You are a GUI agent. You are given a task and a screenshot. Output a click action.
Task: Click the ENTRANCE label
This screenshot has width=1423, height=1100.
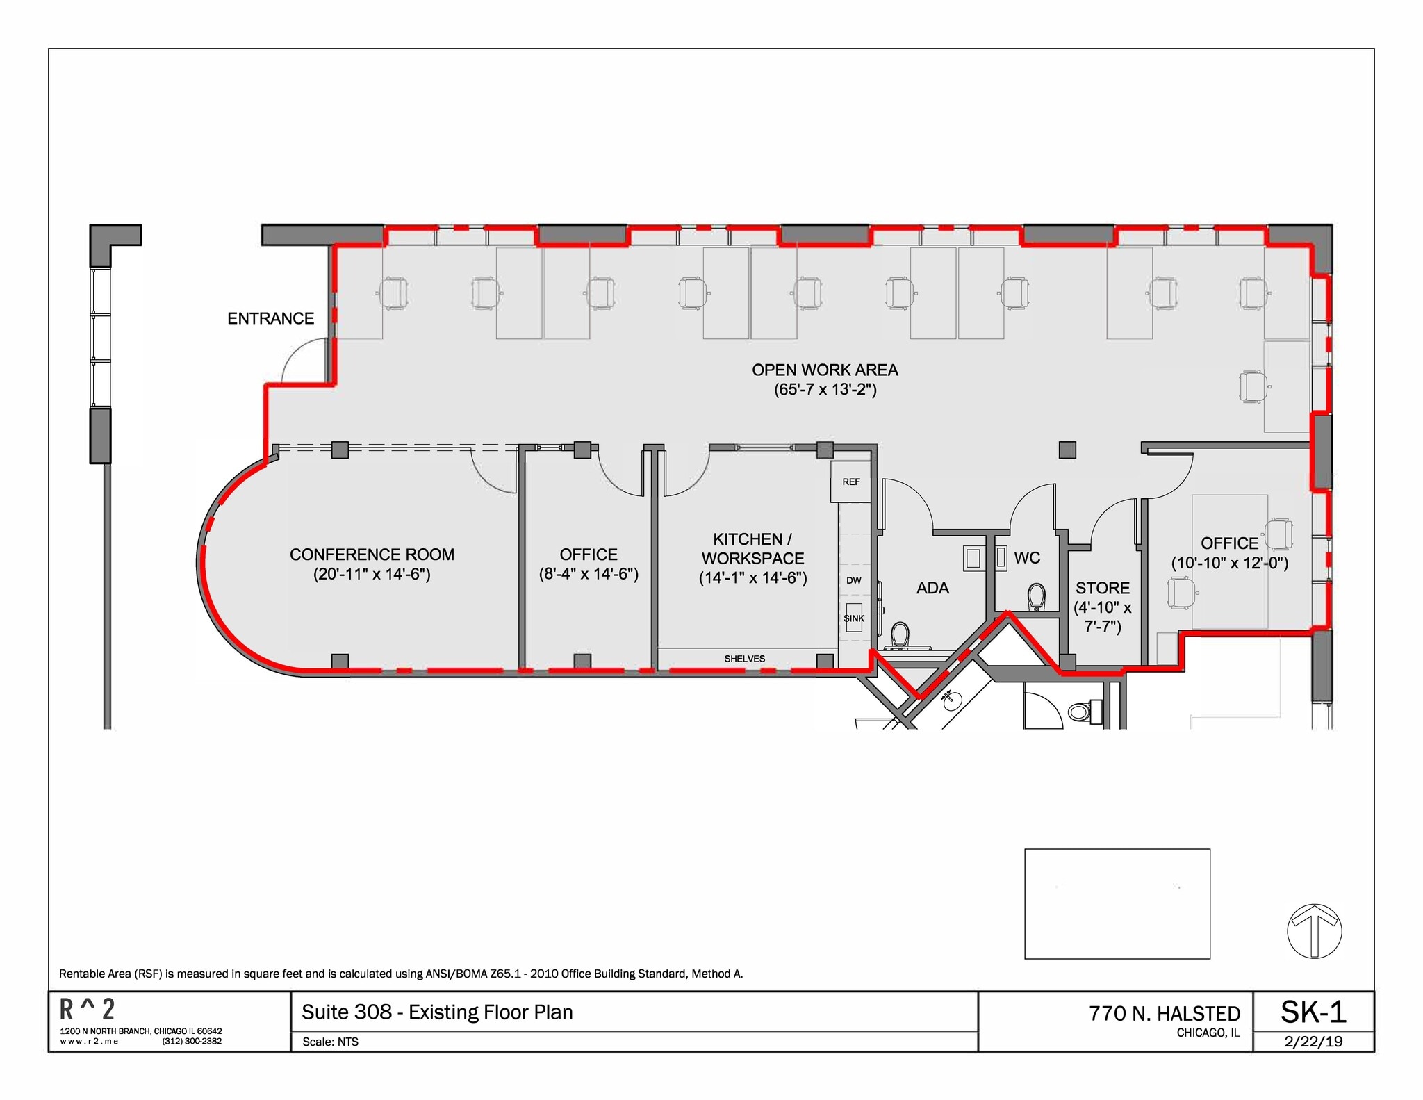(x=270, y=318)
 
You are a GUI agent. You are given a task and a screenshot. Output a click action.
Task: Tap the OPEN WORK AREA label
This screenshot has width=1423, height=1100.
(x=825, y=370)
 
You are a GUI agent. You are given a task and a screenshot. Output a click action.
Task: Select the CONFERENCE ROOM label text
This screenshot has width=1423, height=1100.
(x=372, y=555)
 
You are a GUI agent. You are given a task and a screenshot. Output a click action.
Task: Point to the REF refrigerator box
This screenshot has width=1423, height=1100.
(x=851, y=482)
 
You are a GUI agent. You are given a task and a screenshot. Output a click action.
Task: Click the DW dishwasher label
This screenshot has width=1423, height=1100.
(x=854, y=580)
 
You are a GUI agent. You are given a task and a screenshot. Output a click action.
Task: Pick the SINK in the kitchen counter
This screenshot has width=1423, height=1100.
(x=854, y=618)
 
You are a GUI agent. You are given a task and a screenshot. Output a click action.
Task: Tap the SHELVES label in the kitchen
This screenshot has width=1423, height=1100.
(x=744, y=659)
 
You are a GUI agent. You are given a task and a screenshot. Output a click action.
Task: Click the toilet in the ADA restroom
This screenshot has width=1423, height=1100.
(x=900, y=635)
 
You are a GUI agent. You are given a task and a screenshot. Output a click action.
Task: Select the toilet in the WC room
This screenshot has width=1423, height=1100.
(x=1036, y=597)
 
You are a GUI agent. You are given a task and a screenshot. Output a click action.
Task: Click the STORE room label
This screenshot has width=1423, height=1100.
(x=1103, y=588)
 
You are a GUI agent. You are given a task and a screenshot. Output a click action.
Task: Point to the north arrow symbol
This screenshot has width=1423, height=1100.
(x=1314, y=931)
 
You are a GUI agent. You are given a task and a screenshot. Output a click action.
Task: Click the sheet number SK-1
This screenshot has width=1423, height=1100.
(x=1313, y=1012)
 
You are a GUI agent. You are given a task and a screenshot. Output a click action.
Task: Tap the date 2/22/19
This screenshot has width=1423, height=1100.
(x=1313, y=1041)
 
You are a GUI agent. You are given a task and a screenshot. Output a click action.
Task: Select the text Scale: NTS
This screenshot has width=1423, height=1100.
(x=330, y=1042)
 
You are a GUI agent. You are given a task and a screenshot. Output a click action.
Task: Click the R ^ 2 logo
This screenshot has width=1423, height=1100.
(x=88, y=1009)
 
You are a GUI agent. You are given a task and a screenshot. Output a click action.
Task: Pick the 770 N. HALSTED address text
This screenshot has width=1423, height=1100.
(x=1165, y=1014)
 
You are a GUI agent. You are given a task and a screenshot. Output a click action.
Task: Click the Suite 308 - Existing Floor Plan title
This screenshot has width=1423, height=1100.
(x=437, y=1012)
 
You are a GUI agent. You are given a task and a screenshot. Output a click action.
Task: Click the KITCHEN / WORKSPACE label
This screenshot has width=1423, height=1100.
(x=752, y=548)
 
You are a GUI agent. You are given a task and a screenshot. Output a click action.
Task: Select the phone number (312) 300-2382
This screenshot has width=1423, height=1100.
(x=192, y=1041)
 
